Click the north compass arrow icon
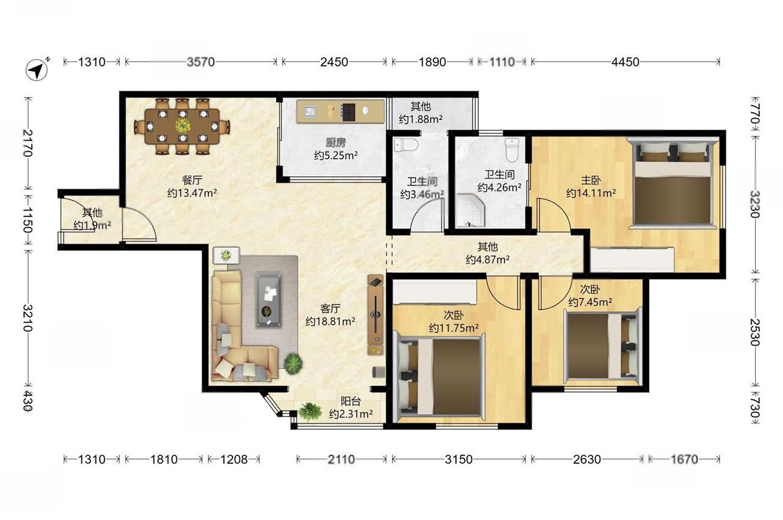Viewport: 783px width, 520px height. (37, 70)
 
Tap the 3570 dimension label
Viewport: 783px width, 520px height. (201, 62)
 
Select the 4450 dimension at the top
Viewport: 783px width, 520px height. (625, 62)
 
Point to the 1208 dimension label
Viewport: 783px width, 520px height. (234, 459)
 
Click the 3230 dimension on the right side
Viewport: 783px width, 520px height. (755, 204)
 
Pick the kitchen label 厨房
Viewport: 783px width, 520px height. (336, 142)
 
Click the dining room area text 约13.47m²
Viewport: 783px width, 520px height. (192, 193)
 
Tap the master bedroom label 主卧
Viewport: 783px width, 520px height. (591, 180)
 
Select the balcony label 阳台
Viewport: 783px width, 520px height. (351, 401)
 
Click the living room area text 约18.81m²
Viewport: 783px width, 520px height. (330, 321)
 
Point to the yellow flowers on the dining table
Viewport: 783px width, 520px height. (182, 125)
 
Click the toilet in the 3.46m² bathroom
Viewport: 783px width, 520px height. (406, 144)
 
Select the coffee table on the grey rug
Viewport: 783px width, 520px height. (268, 300)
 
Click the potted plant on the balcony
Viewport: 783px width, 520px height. (310, 411)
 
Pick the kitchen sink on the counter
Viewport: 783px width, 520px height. (310, 112)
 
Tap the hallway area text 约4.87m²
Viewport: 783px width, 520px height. (488, 259)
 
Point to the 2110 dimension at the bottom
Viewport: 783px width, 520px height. (341, 459)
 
